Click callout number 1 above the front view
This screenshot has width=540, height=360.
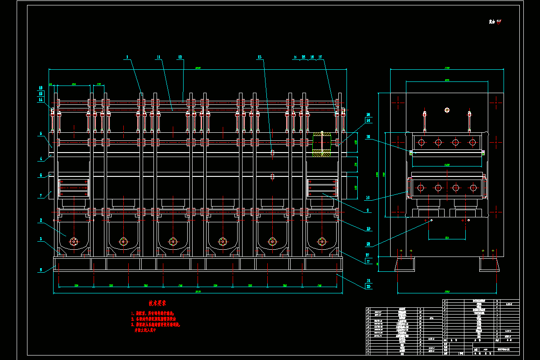click(127, 57)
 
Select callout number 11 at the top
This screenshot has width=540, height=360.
click(158, 57)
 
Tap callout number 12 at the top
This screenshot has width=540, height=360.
click(180, 57)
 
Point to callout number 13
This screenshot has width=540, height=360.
click(259, 57)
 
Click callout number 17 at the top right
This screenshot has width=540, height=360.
click(320, 57)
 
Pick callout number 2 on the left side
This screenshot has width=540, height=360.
click(41, 220)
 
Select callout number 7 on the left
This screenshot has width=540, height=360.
click(41, 195)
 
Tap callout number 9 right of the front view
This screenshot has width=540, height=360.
click(368, 211)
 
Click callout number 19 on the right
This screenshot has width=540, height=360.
click(368, 229)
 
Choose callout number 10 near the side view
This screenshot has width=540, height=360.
click(368, 198)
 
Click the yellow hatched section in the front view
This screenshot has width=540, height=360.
click(321, 144)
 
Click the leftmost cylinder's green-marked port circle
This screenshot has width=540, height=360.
click(74, 242)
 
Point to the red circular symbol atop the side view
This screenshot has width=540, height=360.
click(447, 109)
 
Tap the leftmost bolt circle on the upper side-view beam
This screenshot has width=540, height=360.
click(421, 143)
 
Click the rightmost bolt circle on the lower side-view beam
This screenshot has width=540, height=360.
click(473, 188)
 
